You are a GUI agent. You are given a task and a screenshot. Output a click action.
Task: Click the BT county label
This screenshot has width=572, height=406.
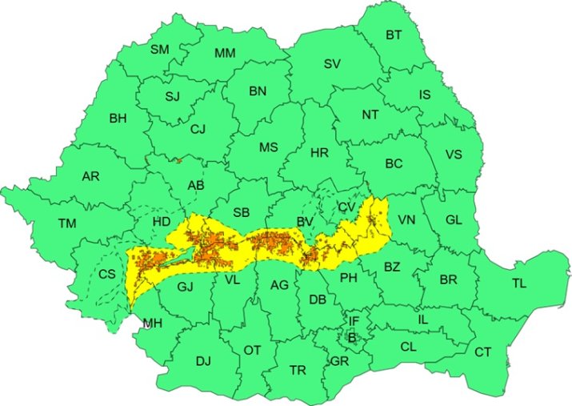tap(394, 34)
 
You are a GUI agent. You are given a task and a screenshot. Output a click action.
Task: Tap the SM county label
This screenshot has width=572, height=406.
tap(160, 50)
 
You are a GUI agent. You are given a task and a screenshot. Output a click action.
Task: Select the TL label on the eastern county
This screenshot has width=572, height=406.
tap(519, 283)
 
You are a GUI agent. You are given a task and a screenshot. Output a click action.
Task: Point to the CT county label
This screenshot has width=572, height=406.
tap(483, 352)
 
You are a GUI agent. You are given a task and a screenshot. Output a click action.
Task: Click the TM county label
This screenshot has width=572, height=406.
tap(67, 223)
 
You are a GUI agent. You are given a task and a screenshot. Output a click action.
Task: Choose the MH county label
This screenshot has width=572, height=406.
tap(151, 324)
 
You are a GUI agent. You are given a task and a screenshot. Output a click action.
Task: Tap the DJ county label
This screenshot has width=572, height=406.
tap(203, 361)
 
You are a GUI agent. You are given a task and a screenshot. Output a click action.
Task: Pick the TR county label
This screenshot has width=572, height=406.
tap(298, 370)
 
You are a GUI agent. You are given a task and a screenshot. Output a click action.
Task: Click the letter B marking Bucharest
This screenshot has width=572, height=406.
tap(352, 336)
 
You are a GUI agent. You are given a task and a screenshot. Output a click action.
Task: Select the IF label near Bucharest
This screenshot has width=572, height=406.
tap(354, 321)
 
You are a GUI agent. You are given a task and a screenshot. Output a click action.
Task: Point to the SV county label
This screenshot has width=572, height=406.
tap(332, 64)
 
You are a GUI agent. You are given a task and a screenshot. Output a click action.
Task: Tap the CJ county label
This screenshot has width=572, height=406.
tap(198, 128)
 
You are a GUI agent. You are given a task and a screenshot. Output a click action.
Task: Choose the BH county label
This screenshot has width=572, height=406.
tap(118, 119)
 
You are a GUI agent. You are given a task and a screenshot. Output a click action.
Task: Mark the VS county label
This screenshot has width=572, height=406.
tap(454, 155)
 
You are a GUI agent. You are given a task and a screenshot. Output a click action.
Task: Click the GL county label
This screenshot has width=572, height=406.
tap(454, 219)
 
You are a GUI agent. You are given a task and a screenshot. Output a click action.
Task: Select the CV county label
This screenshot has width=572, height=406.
tap(346, 207)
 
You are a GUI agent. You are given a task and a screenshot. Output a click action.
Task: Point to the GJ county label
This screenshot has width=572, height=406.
tap(186, 287)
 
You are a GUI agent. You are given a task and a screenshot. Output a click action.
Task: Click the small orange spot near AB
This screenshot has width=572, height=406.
tap(180, 160)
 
